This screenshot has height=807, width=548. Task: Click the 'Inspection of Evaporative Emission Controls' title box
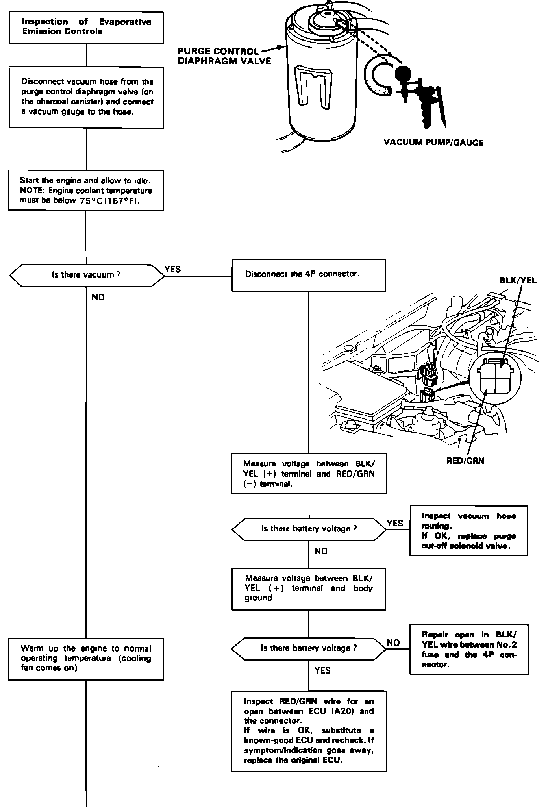pos(86,27)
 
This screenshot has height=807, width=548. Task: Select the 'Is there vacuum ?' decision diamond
pos(86,274)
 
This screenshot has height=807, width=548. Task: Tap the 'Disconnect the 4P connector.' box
pos(309,275)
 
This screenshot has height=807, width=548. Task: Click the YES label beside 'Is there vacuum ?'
pos(172,269)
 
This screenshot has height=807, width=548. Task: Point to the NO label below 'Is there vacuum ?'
pos(98,297)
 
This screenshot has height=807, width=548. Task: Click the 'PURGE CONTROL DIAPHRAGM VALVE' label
pos(224,56)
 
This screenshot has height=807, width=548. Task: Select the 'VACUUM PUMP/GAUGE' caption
pos(433,143)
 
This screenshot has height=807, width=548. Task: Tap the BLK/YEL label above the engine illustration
pos(517,280)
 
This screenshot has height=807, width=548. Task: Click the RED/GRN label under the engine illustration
pos(465,461)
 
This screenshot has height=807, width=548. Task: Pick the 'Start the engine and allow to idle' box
pos(86,191)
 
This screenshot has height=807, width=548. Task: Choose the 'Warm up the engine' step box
pos(86,659)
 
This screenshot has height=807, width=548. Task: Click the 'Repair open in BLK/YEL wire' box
pos(469,650)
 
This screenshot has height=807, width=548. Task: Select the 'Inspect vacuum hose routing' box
pos(468,531)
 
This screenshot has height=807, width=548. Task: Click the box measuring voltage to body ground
pos(309,589)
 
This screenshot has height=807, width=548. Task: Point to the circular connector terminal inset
pos(495,379)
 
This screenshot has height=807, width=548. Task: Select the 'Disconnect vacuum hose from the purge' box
pos(86,97)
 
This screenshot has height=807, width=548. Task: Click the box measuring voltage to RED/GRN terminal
pos(309,474)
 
